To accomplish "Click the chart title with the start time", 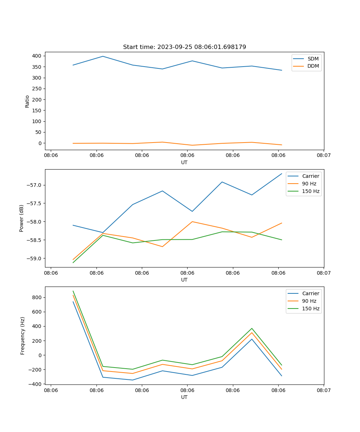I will tap(184, 47).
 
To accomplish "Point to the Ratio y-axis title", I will tap(27, 101).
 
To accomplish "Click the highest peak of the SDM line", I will tap(103, 56).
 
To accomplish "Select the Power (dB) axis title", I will tap(22, 218).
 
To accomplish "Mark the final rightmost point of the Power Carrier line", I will tap(282, 174).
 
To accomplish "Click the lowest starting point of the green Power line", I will tap(73, 262).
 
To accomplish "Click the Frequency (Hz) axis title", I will tap(22, 336).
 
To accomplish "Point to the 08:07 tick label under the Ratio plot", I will tap(323, 156).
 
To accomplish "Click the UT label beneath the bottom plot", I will tap(184, 397).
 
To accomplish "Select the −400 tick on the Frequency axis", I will tap(35, 384).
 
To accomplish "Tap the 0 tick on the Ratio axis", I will tap(40, 143).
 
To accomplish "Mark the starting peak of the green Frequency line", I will tap(73, 291).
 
